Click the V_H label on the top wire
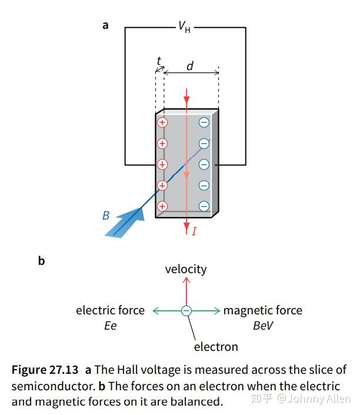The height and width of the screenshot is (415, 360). coord(184,27)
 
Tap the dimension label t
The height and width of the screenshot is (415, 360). coord(159,61)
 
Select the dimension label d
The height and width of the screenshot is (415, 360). coord(189,66)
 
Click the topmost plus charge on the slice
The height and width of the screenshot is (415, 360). coord(162,122)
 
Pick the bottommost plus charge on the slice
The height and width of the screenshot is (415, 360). coord(162,206)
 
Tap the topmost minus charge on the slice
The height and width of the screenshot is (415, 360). coord(204,122)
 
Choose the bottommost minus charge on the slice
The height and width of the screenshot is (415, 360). coord(204,206)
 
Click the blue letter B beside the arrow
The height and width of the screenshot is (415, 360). coord(106,215)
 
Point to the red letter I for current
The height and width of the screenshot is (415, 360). coord(194,231)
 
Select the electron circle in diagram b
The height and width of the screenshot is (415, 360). coord(186,311)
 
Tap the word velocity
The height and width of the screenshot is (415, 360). coord(186,269)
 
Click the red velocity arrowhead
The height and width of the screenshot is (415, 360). coord(186,281)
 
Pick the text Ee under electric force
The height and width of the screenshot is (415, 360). coord(110,326)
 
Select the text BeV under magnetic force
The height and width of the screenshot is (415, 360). coord(263,326)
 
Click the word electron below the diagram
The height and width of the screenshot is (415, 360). coord(216,347)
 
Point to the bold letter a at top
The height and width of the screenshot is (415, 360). coord(105,25)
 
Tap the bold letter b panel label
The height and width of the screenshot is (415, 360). coord(41,260)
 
